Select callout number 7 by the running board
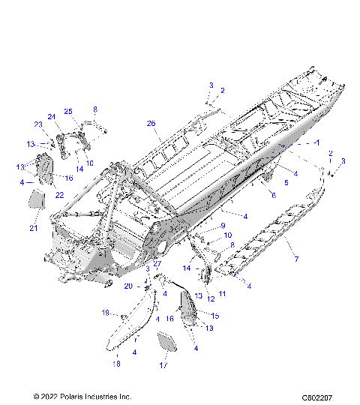[296, 259]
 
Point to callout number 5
[285, 181]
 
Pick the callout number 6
[273, 195]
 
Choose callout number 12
[211, 299]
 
